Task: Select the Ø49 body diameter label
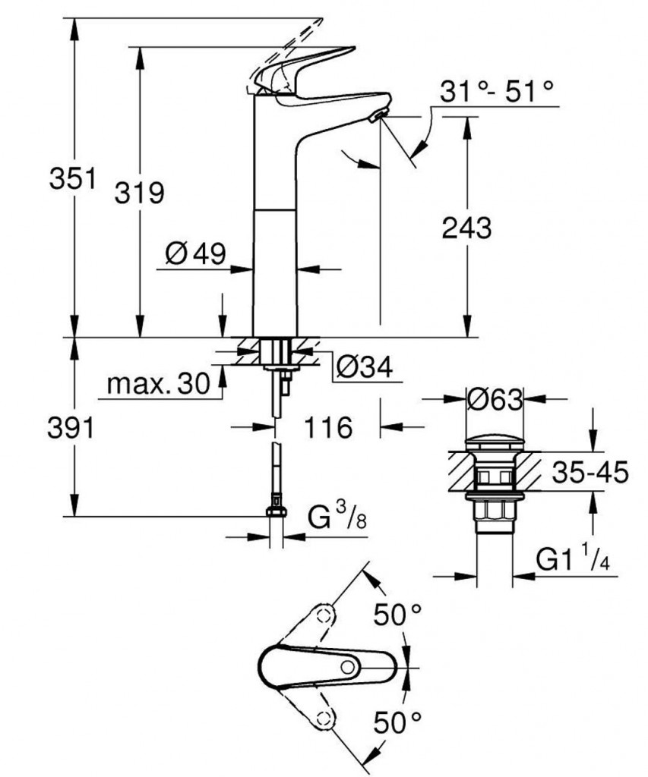pyautogui.click(x=194, y=254)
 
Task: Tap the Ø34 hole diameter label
pyautogui.click(x=363, y=369)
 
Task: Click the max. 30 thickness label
pyautogui.click(x=158, y=385)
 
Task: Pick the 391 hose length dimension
pyautogui.click(x=71, y=429)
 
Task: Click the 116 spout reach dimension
pyautogui.click(x=328, y=428)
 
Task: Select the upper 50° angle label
pyautogui.click(x=397, y=614)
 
